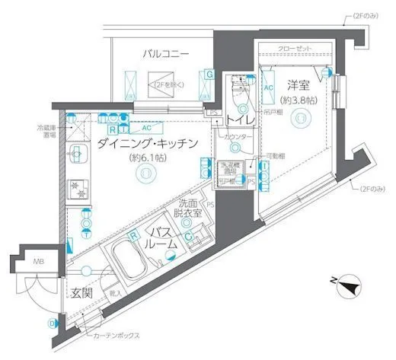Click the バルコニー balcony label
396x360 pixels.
pos(170,54)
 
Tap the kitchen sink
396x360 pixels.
pos(77,156)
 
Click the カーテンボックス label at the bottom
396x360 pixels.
pos(114,336)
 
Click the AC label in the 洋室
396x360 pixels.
pos(268,87)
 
